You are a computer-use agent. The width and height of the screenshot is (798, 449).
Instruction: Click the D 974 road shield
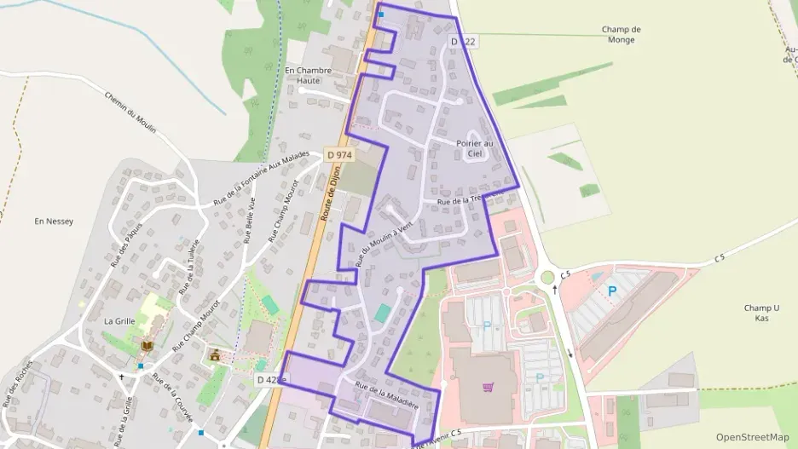338,155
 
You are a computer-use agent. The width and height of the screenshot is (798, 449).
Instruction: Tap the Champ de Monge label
621,34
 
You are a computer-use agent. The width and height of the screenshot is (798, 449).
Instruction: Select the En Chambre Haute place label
303,75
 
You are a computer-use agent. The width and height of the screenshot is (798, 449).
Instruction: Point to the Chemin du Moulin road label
130,112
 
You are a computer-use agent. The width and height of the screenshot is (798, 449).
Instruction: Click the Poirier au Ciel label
475,148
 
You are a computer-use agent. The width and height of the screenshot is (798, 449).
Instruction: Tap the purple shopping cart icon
488,387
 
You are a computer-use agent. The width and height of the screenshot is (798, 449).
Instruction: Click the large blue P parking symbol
611,291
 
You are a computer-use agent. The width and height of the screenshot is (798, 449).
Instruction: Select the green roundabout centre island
546,277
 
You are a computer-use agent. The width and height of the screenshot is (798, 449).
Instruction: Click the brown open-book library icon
147,346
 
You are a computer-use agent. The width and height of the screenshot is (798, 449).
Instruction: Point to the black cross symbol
121,376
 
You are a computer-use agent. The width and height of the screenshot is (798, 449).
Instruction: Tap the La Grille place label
119,321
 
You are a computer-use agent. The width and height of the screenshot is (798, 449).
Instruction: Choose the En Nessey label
54,222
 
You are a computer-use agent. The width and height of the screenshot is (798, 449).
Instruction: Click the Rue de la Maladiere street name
386,399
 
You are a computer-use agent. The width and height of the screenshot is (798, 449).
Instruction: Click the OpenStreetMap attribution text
752,437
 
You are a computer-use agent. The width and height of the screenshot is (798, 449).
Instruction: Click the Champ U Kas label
761,313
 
